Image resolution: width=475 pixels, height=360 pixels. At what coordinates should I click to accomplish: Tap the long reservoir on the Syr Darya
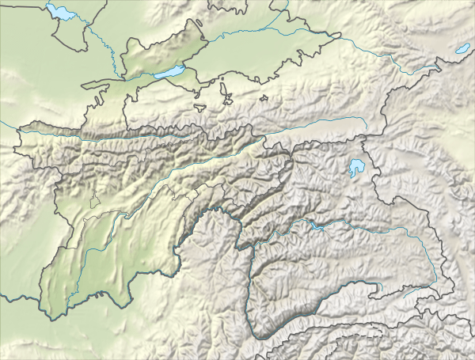pyautogui.click(x=169, y=73)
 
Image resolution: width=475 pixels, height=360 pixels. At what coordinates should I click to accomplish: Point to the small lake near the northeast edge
pyautogui.click(x=461, y=48)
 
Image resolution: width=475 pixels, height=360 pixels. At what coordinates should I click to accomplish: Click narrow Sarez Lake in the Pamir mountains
pyautogui.click(x=317, y=226)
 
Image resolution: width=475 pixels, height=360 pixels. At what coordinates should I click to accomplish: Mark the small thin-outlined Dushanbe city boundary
pyautogui.click(x=94, y=202)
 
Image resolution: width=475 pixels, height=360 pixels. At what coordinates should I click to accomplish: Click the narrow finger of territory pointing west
pyautogui.click(x=32, y=129)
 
